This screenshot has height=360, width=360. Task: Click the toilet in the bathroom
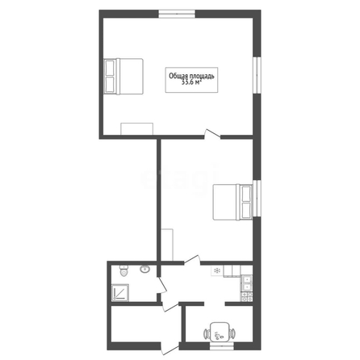pyautogui.click(x=123, y=270)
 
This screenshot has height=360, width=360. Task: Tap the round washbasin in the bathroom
pyautogui.click(x=144, y=269)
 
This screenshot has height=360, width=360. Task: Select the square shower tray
pyautogui.click(x=120, y=292)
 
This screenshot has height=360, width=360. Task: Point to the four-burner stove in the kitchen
pyautogui.click(x=246, y=297)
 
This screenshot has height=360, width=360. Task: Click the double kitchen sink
pyautogui.click(x=247, y=283)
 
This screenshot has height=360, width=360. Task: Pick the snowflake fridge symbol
pyautogui.click(x=217, y=270)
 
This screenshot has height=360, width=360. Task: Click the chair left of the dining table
pyautogui.click(x=207, y=334)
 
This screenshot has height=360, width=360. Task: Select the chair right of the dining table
pyautogui.click(x=232, y=334)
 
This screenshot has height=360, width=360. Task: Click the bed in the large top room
pyautogui.click(x=123, y=77)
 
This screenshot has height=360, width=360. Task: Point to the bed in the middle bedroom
pyautogui.click(x=233, y=202)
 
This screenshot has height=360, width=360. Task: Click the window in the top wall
pyautogui.click(x=177, y=14)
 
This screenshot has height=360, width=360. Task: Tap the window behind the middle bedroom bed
pyautogui.click(x=257, y=198)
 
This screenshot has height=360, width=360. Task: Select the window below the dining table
pyautogui.click(x=222, y=346)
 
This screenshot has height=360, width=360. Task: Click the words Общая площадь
pyautogui.click(x=191, y=76)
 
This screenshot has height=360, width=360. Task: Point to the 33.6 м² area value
pyautogui.click(x=191, y=83)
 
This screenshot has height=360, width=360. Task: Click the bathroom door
pyautogui.click(x=162, y=285)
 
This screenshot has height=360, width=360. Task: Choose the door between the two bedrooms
pyautogui.click(x=212, y=134)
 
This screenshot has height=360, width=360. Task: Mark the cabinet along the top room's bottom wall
pyautogui.click(x=136, y=128)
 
